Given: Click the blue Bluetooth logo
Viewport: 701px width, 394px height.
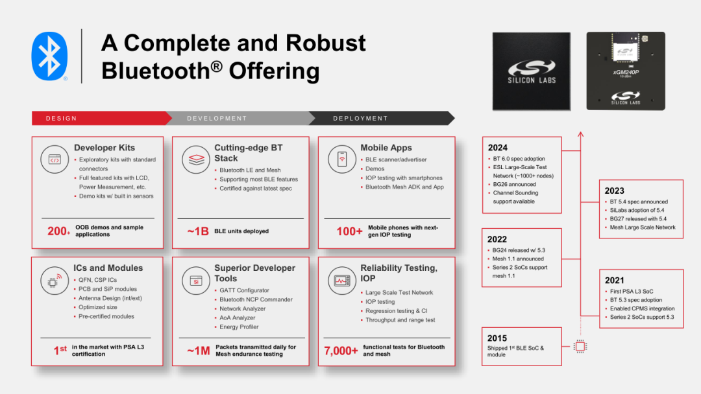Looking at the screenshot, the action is (49, 56).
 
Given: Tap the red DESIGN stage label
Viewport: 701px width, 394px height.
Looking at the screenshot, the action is (61, 118).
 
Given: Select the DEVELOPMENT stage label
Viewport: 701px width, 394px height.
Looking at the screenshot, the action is (217, 118).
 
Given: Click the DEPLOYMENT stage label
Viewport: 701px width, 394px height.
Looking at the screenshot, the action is (360, 118).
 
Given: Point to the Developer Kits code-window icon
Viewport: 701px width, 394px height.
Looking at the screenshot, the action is (55, 159).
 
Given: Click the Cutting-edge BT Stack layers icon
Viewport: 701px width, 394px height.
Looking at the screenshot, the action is (196, 159).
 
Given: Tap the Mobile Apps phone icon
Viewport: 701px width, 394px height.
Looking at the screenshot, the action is (342, 159).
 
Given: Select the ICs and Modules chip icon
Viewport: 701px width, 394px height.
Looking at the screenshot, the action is (54, 281).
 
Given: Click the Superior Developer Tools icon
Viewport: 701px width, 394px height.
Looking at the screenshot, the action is (196, 281).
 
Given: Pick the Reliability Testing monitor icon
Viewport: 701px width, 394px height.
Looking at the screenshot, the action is (342, 281).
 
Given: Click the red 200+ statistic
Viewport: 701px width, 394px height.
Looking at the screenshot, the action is (58, 231).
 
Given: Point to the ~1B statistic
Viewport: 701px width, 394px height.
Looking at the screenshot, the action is (197, 231).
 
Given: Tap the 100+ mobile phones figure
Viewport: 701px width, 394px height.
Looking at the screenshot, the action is (349, 231).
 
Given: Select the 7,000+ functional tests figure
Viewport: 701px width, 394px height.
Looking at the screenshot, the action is (341, 351).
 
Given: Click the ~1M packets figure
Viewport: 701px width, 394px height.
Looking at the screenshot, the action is (198, 351).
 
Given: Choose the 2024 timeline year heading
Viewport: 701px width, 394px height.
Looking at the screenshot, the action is (498, 148).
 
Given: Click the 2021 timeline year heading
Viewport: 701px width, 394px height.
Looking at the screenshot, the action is (614, 280).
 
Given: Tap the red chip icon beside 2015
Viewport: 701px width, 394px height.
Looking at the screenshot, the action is (580, 346).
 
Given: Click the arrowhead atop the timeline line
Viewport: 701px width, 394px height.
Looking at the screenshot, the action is (580, 134).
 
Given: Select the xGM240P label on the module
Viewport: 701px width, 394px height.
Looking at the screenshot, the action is (626, 72).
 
